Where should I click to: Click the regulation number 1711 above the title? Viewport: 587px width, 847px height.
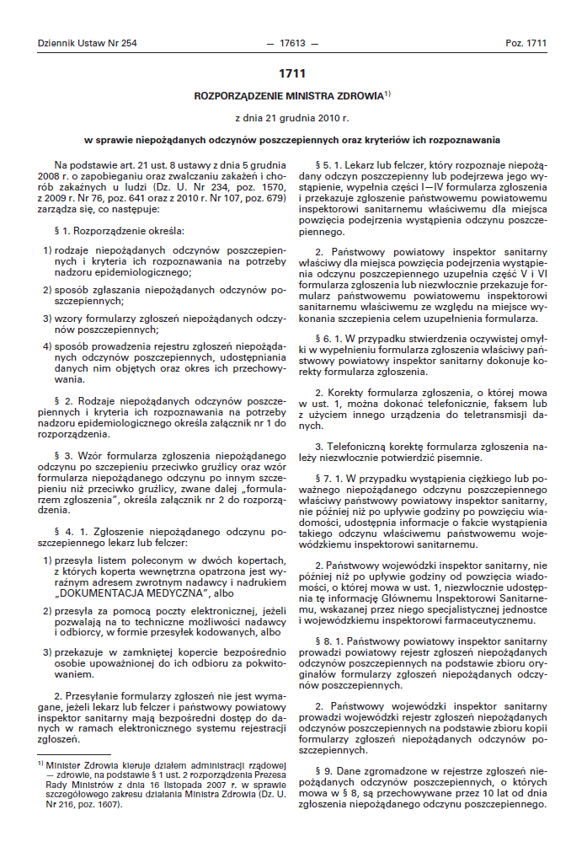(x=292, y=73)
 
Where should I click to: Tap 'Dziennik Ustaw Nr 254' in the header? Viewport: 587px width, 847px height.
(x=88, y=42)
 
